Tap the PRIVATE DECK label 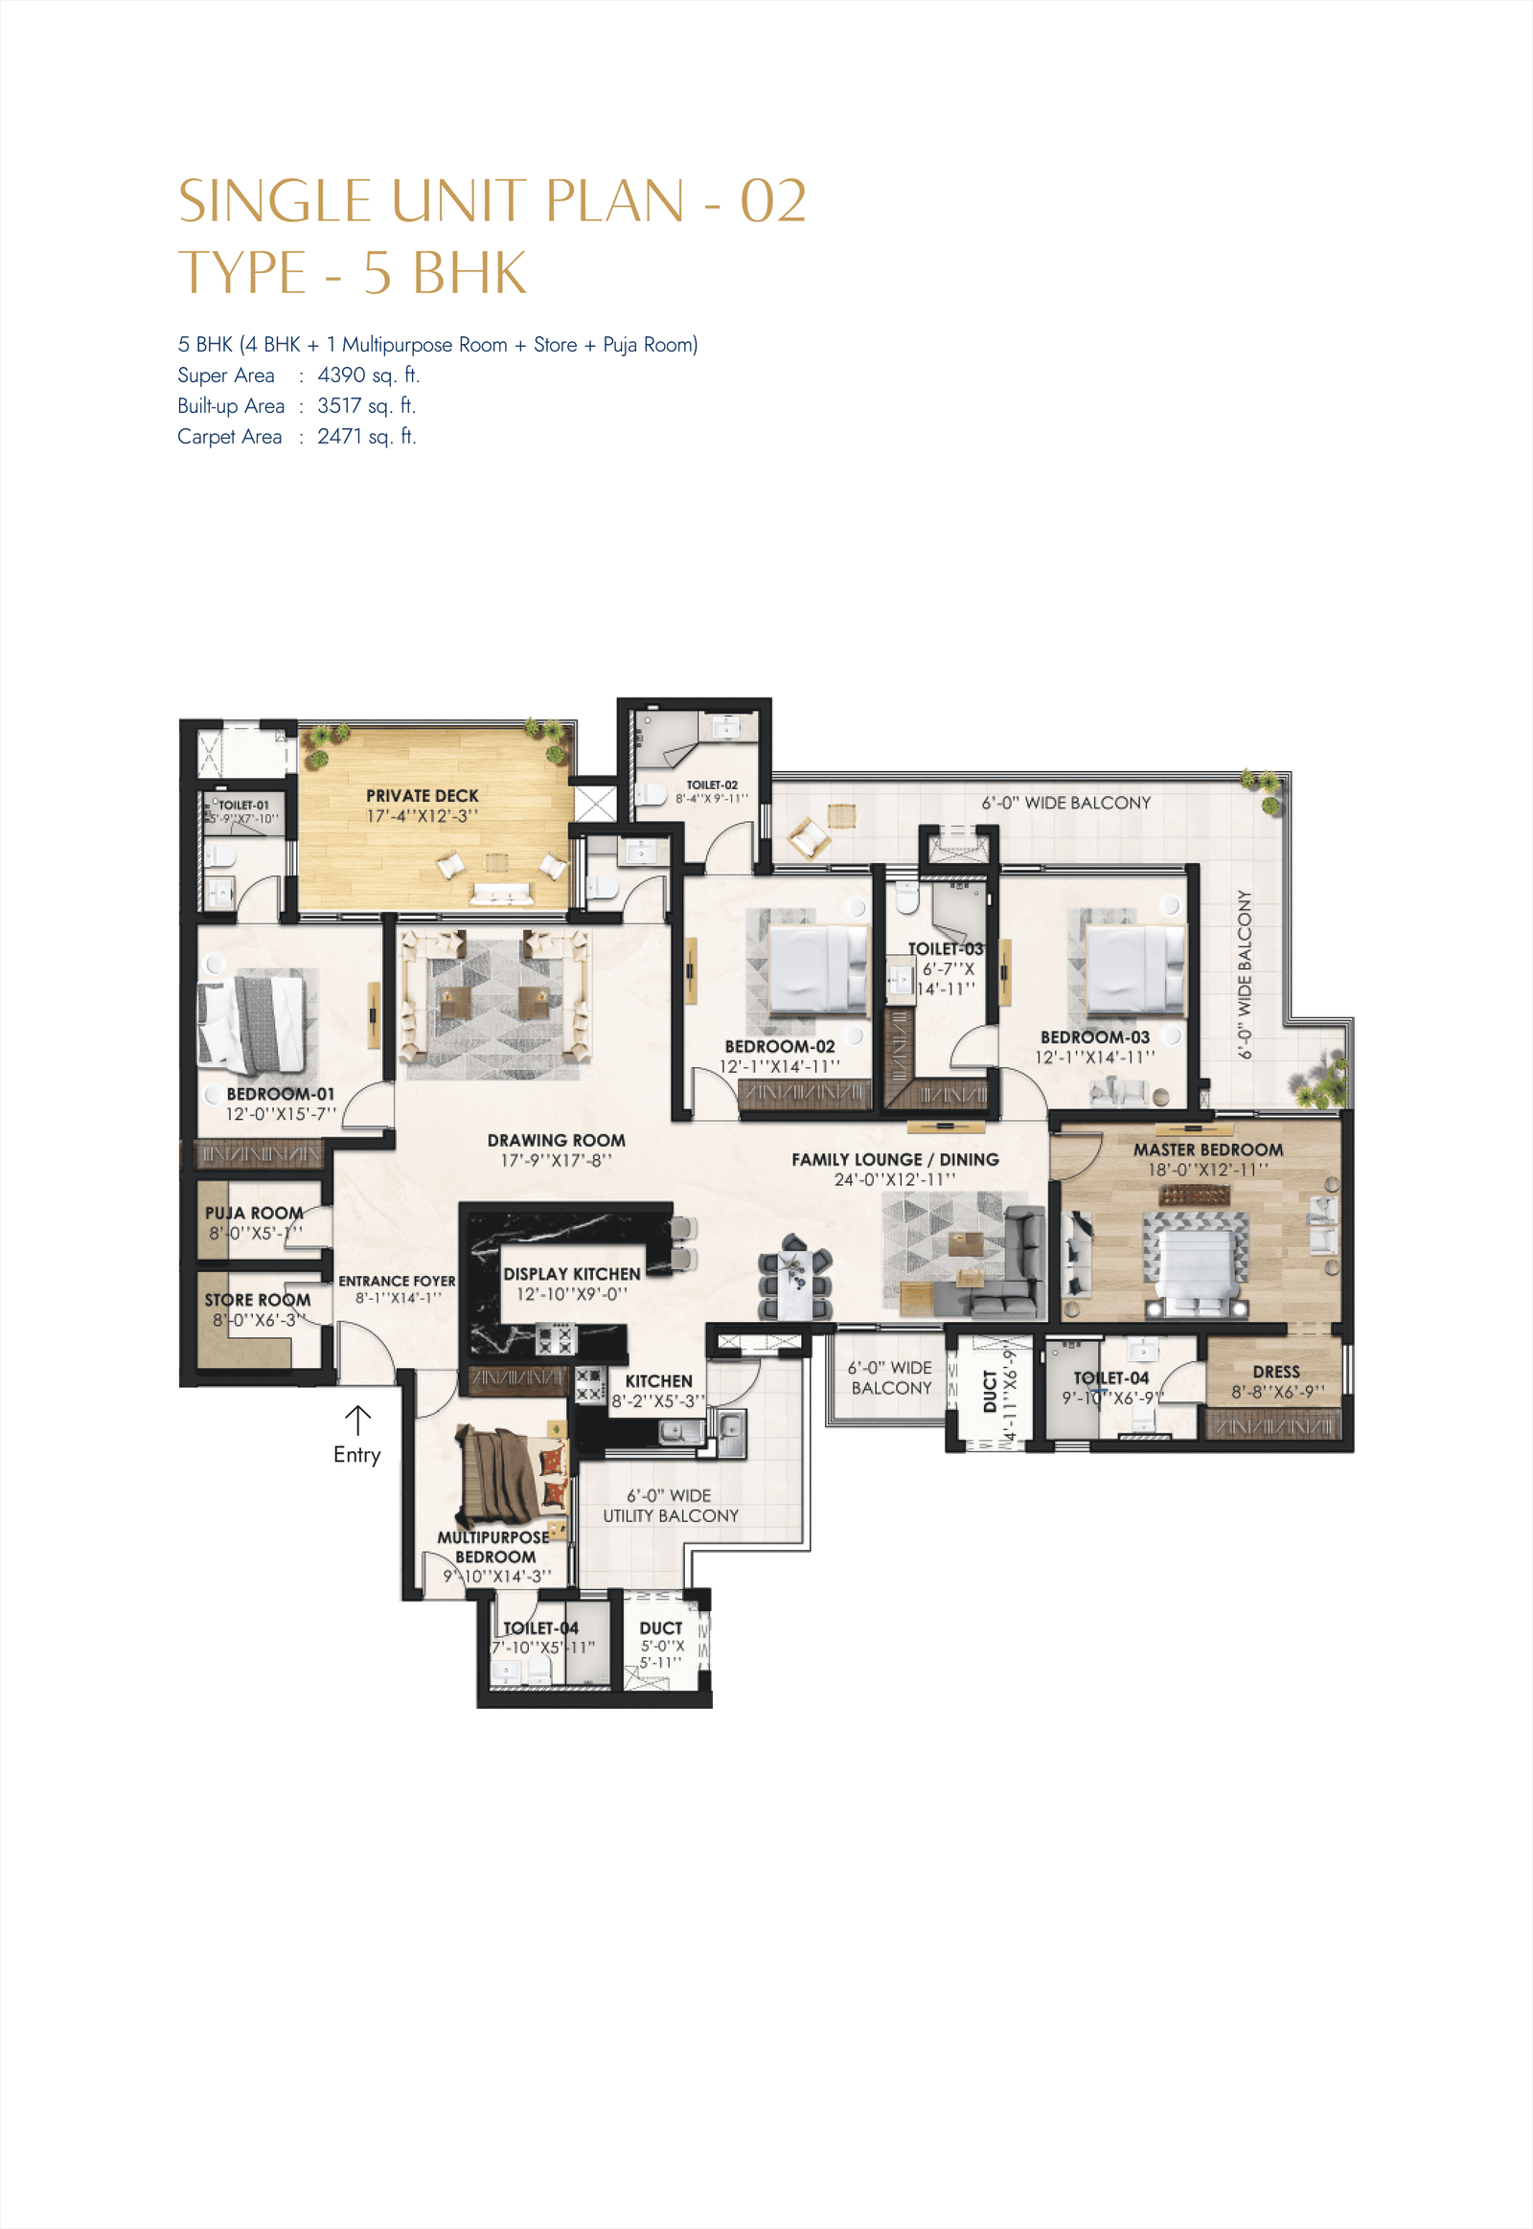422,795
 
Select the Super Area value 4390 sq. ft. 368,375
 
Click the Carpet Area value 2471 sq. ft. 366,436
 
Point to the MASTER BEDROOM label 1207,1149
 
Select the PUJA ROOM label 254,1213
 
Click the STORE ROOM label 257,1299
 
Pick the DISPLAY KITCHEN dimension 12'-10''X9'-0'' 571,1293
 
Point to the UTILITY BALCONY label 671,1515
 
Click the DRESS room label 1275,1372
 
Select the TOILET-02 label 712,785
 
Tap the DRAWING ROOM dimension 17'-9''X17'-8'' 555,1160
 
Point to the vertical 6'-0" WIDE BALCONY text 1245,974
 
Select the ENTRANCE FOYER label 397,1281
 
